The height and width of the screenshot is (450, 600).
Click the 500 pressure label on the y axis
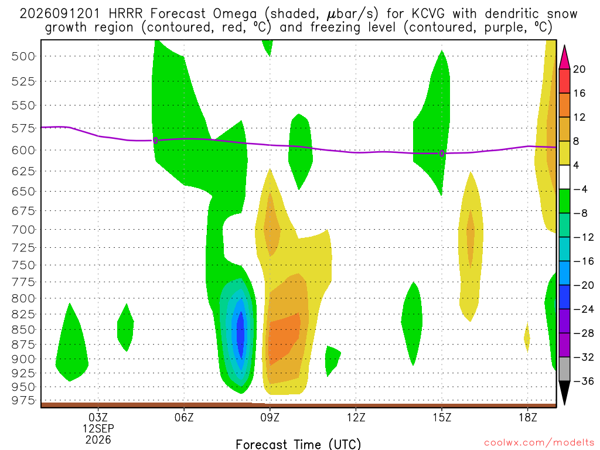[x=23, y=56]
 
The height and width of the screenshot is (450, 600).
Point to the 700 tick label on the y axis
[x=23, y=230]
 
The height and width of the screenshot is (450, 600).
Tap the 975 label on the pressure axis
[x=23, y=400]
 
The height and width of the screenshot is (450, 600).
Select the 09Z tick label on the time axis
[x=270, y=417]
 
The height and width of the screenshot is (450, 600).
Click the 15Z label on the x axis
[x=442, y=417]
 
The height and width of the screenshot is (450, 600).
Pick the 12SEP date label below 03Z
[x=98, y=428]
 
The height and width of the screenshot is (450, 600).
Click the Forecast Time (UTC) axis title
[x=298, y=444]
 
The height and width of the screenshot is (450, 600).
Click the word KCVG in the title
[x=428, y=14]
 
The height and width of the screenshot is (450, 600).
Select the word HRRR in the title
[x=125, y=14]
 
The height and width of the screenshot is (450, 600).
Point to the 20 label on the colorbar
[x=579, y=69]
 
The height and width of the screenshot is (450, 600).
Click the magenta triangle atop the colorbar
[x=564, y=57]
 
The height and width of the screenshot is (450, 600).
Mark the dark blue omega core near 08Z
[x=240, y=334]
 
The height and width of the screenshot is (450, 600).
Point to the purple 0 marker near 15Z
[x=442, y=154]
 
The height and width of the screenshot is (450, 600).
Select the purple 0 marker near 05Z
[x=155, y=141]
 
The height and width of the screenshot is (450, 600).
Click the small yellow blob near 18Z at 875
[x=527, y=337]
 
